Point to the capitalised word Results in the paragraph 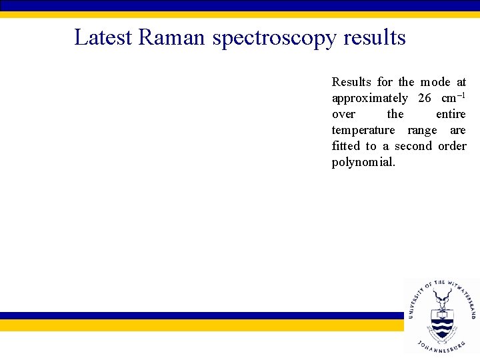[351, 82]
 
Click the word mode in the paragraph [435, 82]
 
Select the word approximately [369, 99]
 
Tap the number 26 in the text [425, 98]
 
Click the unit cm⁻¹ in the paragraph [453, 97]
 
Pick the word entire [451, 114]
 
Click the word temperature [363, 131]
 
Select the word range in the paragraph [421, 131]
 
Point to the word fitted [345, 146]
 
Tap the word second [413, 146]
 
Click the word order [452, 146]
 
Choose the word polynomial [363, 163]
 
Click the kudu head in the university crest [441, 297]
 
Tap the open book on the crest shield [441, 315]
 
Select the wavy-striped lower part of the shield [441, 328]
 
